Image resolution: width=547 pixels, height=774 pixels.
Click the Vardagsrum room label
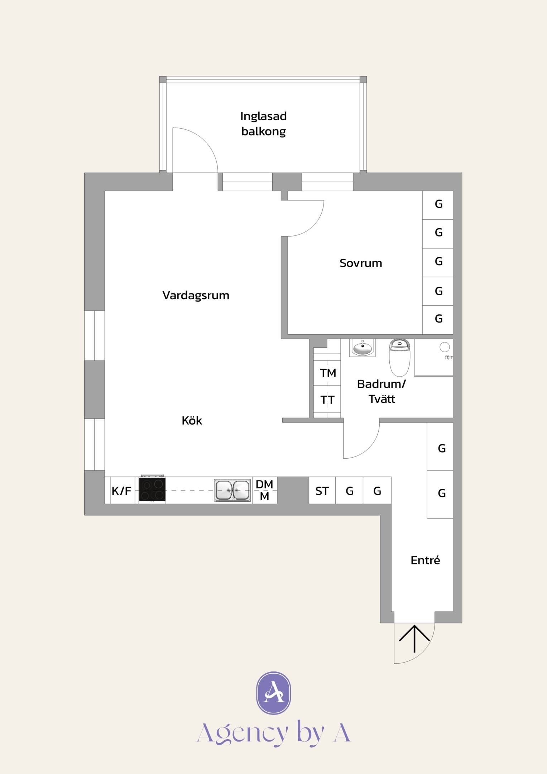click(196, 296)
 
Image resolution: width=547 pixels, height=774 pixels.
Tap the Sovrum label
click(361, 263)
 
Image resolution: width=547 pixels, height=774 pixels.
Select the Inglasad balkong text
click(264, 124)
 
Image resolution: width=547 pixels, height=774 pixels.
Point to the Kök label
click(192, 420)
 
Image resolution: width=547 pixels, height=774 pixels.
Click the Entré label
click(425, 560)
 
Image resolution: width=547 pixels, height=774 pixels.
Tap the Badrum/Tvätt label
click(382, 391)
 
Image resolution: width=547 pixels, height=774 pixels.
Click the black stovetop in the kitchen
click(152, 489)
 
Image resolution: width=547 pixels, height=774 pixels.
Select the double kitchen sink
click(232, 490)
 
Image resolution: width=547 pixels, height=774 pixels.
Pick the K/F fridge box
click(122, 490)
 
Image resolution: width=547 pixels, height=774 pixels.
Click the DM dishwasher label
click(264, 484)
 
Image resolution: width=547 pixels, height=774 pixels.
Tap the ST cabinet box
click(322, 490)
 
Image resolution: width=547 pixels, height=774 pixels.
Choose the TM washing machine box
click(327, 373)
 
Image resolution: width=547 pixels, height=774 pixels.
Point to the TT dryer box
click(327, 400)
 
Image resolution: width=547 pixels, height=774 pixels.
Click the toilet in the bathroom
click(399, 357)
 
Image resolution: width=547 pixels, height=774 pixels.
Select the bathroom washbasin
click(363, 348)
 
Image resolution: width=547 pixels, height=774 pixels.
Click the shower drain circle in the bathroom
click(445, 347)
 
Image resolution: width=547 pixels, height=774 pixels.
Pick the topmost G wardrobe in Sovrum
click(438, 205)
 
